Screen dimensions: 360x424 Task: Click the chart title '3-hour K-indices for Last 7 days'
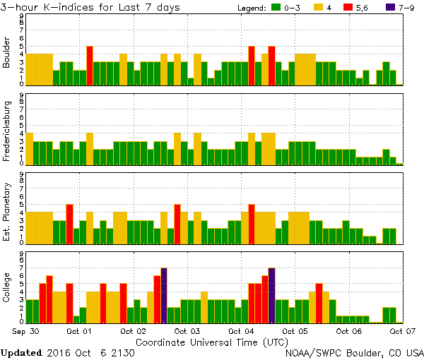click(90, 7)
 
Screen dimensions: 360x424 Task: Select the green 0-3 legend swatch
click(276, 8)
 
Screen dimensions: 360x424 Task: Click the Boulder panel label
click(7, 53)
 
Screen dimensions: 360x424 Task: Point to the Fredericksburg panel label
click(7, 133)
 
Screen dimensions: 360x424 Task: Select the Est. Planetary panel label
click(7, 212)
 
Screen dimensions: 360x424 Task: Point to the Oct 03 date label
click(187, 330)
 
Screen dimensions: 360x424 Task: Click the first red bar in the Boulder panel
click(90, 66)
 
